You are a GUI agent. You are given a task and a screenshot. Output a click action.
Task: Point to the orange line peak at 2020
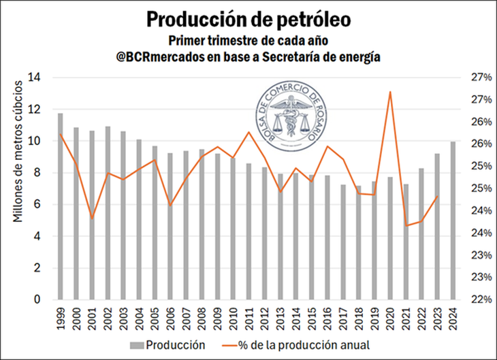point(390,92)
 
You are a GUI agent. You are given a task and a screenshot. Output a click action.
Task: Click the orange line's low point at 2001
point(92,218)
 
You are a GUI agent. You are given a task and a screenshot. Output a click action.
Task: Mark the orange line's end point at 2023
point(437,197)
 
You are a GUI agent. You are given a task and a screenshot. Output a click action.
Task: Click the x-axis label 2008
point(202,315)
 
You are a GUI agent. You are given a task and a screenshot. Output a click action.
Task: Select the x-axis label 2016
point(327,315)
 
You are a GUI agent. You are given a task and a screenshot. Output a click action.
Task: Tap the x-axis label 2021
point(406,315)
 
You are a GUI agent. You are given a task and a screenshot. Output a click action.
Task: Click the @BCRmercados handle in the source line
point(158,57)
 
